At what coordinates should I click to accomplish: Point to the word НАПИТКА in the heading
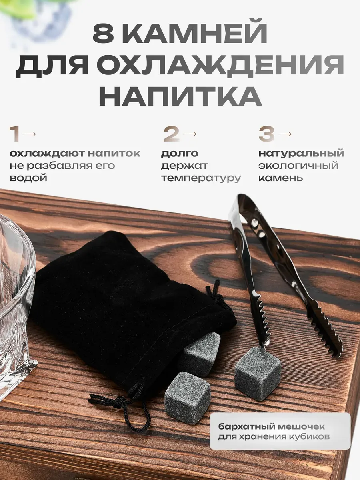pos(180,96)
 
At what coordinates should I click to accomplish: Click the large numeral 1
pos(14,134)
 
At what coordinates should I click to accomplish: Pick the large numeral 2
pos(172,134)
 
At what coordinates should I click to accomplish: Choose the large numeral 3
pos(266,134)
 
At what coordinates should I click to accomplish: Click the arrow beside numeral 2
pos(190,134)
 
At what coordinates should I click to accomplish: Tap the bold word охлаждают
pos(47,154)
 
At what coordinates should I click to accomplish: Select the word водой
pos(28,178)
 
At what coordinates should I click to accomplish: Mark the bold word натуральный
pos(301,154)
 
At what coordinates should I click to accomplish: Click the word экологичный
pos(298,166)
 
